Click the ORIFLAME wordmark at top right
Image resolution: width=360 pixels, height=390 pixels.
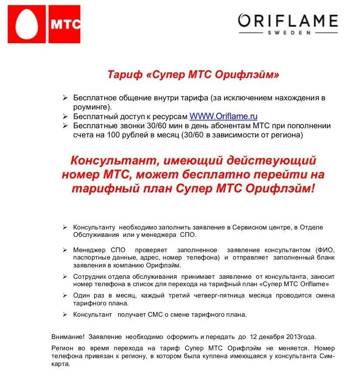(288, 21)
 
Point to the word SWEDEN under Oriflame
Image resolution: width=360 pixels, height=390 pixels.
(288, 32)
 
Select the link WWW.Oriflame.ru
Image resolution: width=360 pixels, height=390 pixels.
(224, 116)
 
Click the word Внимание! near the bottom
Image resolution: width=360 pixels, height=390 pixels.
(68, 337)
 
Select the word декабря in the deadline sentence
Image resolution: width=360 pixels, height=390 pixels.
(273, 337)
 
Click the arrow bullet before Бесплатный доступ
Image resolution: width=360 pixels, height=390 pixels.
(65, 116)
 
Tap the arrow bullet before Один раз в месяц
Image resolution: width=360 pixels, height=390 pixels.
(65, 295)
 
